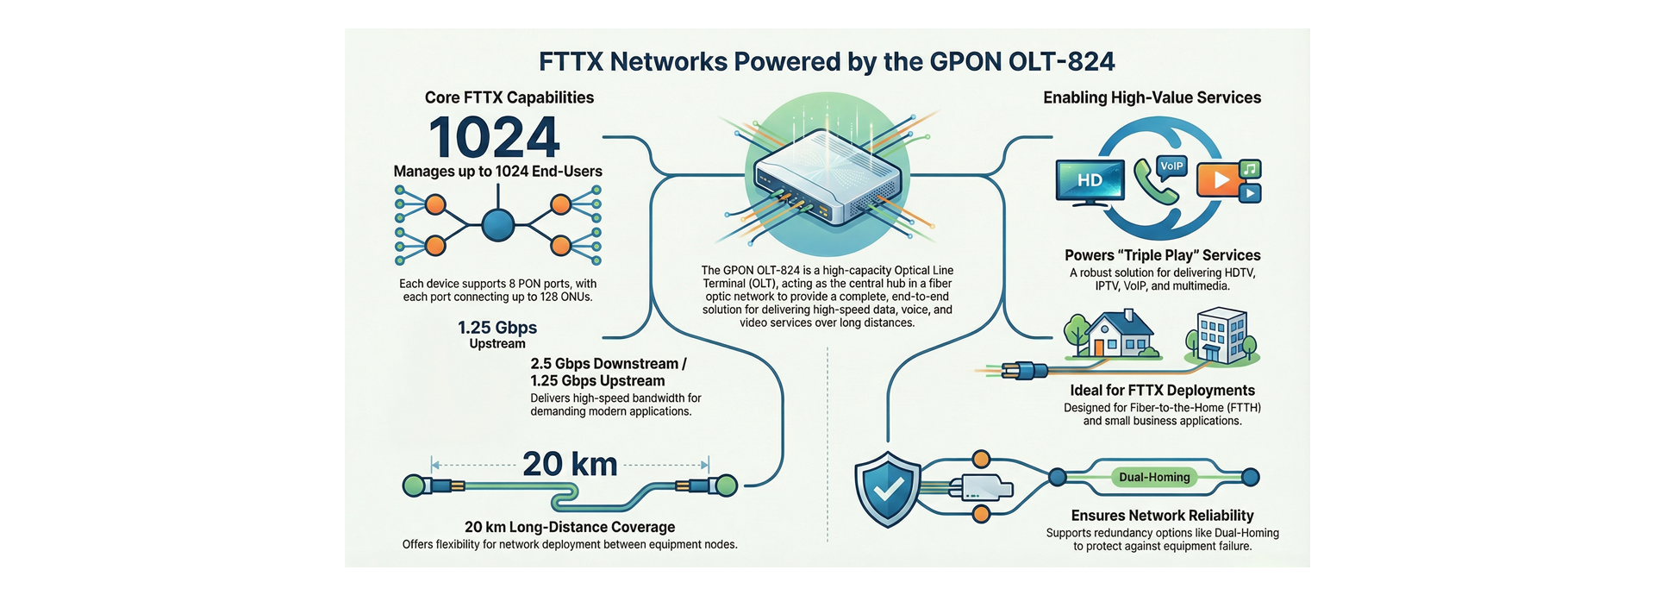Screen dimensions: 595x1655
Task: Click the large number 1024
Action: pyautogui.click(x=494, y=137)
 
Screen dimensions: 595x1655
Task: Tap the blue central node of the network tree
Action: pyautogui.click(x=498, y=226)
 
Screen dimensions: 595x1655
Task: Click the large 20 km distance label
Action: pyautogui.click(x=570, y=464)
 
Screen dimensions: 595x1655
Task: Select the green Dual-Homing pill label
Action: pyautogui.click(x=1154, y=477)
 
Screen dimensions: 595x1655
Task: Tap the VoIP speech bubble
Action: pyautogui.click(x=1171, y=166)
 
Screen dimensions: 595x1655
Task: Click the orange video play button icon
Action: pyautogui.click(x=1217, y=179)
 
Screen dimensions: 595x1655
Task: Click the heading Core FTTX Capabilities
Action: pyautogui.click(x=509, y=97)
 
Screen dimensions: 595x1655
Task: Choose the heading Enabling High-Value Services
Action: pyautogui.click(x=1152, y=97)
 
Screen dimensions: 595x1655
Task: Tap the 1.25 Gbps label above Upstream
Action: pyautogui.click(x=497, y=328)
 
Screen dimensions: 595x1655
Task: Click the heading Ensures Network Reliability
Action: pyautogui.click(x=1162, y=516)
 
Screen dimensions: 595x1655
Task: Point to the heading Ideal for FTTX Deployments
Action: pyautogui.click(x=1162, y=391)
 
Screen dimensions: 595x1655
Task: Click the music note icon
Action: pyautogui.click(x=1252, y=168)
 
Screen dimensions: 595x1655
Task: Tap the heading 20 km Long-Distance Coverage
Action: pyautogui.click(x=570, y=527)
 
